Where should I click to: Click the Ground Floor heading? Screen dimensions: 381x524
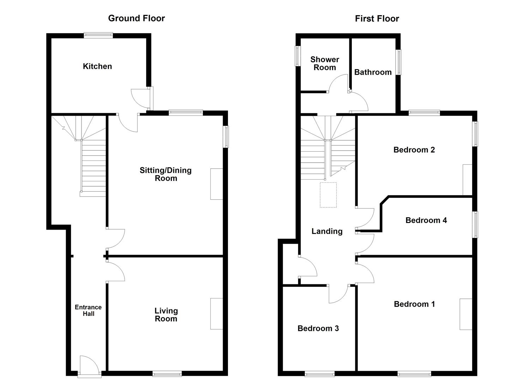pos(136,18)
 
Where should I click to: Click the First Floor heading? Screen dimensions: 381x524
pos(377,19)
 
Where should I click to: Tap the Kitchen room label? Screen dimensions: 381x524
pos(97,66)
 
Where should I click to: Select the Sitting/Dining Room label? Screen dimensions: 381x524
pos(165,174)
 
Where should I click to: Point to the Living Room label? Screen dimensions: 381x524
pos(166,315)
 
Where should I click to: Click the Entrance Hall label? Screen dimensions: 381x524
pos(88,310)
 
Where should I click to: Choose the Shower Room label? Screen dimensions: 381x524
pos(325,64)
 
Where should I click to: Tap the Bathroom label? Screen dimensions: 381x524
pos(373,72)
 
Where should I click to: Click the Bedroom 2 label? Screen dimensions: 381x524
pos(414,150)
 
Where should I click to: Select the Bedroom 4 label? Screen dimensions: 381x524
pos(426,220)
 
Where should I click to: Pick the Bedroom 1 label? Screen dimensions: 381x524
pos(414,304)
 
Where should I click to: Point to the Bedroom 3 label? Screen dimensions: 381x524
pos(318,328)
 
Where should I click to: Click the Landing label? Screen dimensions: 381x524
pos(327,231)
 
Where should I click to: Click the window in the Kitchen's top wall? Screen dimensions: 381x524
pos(98,35)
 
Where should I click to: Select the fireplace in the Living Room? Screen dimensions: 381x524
pos(217,314)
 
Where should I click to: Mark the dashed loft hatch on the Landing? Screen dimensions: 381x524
pos(328,195)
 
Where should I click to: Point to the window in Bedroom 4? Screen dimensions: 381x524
pos(475,224)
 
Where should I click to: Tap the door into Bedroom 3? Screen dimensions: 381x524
pos(338,294)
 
